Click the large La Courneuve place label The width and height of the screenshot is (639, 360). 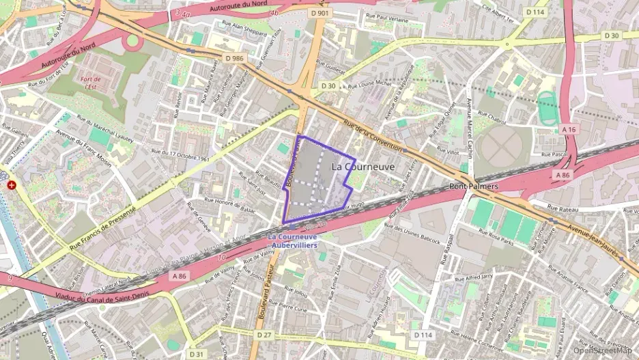363,166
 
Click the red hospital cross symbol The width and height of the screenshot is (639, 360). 11,185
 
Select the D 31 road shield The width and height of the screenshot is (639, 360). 197,354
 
